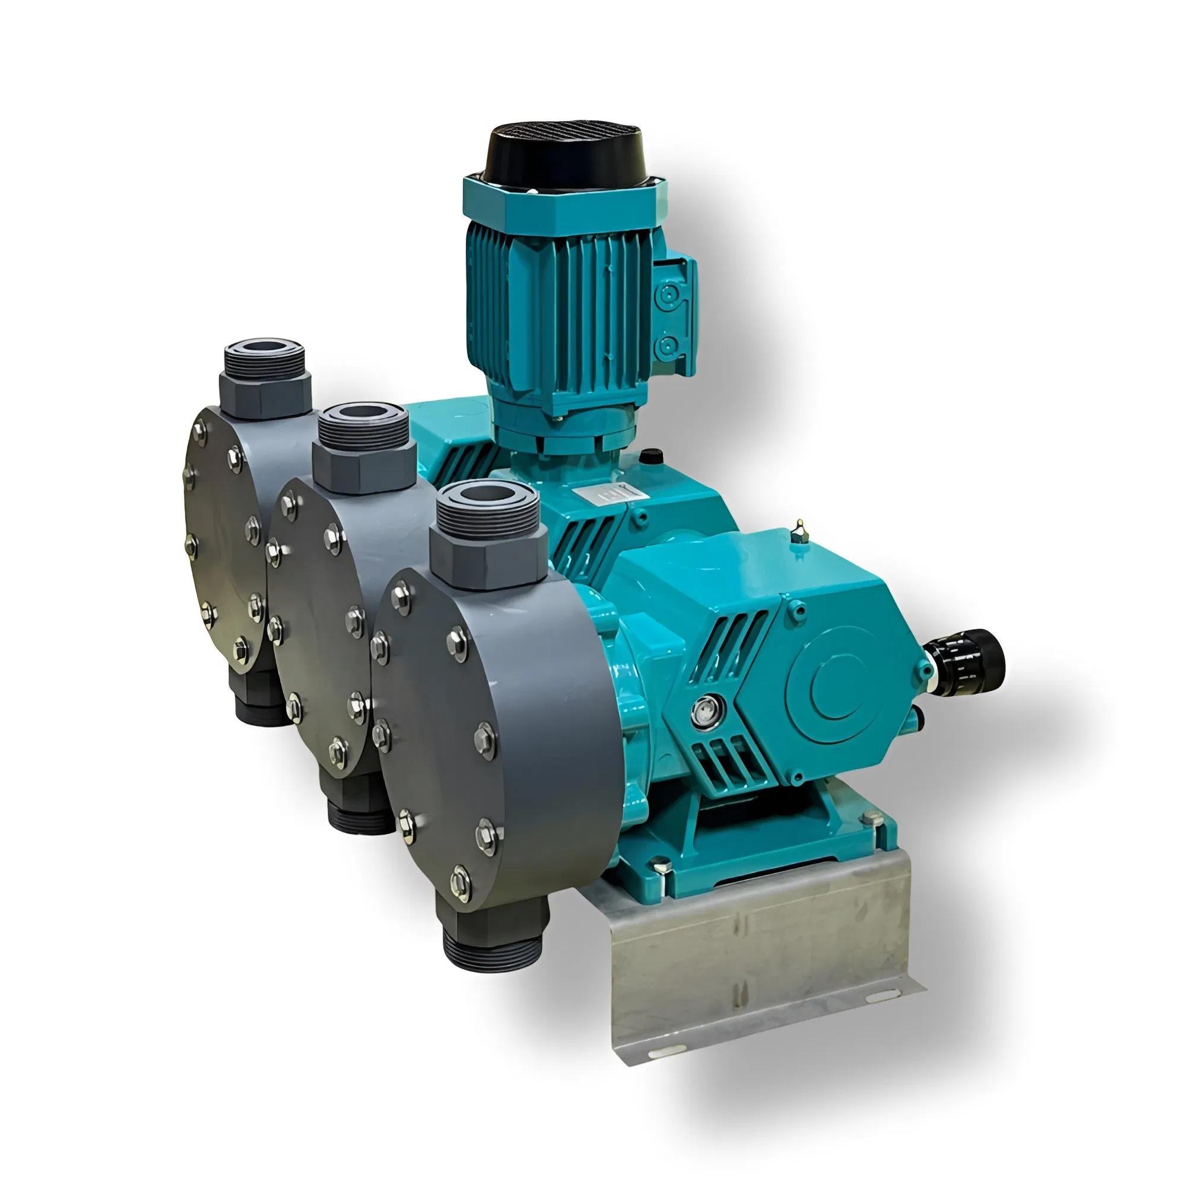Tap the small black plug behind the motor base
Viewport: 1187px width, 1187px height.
(650, 456)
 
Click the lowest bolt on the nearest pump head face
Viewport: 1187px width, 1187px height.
(460, 883)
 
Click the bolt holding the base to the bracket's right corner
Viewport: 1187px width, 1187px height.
(868, 818)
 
